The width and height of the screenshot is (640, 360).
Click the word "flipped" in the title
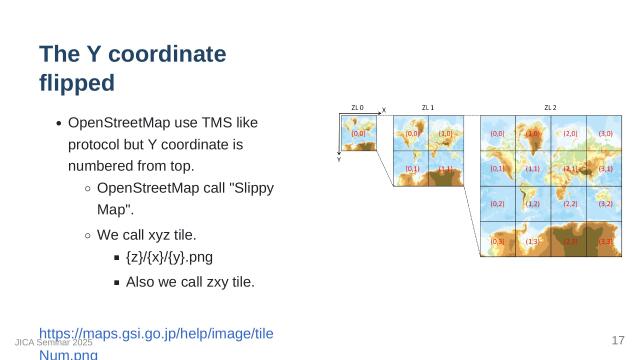pyautogui.click(x=76, y=82)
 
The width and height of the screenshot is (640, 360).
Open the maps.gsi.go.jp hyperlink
pyautogui.click(x=155, y=333)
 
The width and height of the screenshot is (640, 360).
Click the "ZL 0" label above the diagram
pyautogui.click(x=357, y=107)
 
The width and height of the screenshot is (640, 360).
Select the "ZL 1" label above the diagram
pyautogui.click(x=427, y=107)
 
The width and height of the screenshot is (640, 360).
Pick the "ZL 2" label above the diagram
pyautogui.click(x=550, y=107)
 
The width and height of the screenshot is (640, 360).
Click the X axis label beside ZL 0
pyautogui.click(x=384, y=111)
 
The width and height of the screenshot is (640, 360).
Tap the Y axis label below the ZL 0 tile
pyautogui.click(x=339, y=160)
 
